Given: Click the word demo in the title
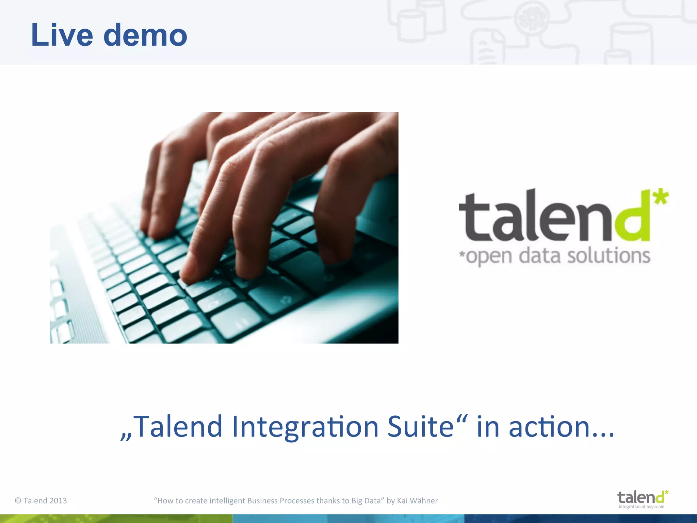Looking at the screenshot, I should tap(145, 35).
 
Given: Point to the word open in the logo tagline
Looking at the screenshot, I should tap(489, 257).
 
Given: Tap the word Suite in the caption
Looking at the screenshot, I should tap(421, 426).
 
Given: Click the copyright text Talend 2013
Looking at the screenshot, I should tap(41, 501).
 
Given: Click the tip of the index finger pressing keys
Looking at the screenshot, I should tap(191, 278).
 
